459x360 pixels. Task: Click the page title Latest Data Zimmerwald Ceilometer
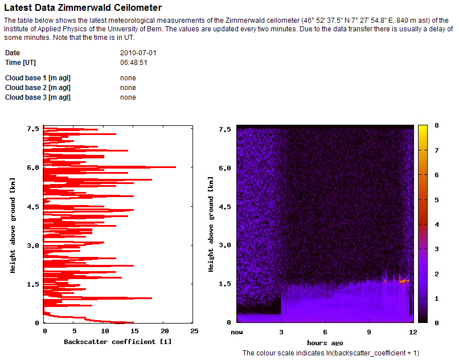point(83,8)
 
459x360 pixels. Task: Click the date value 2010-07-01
point(138,53)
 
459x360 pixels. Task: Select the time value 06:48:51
point(134,63)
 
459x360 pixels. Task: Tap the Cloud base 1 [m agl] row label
point(38,78)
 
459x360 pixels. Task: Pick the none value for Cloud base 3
point(128,97)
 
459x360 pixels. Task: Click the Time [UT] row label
point(21,63)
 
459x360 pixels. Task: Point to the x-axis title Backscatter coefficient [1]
point(117,342)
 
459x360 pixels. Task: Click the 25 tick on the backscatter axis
point(194,331)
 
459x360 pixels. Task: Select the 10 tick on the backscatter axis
point(104,331)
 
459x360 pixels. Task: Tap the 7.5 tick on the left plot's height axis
point(32,129)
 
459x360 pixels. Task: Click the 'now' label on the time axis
point(237,331)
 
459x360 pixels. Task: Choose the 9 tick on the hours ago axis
point(369,331)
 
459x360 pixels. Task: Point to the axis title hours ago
point(325,342)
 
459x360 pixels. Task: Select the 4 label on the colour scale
point(436,224)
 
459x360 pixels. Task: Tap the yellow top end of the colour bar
point(423,128)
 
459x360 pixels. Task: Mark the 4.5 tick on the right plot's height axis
point(226,207)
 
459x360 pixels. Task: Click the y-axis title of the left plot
point(12,226)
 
